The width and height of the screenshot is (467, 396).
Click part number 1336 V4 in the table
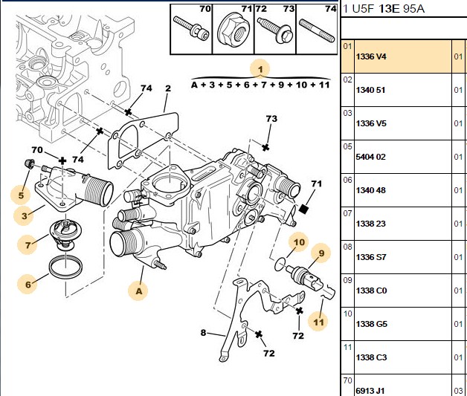tap(371, 56)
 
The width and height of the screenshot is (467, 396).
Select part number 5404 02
tap(370, 157)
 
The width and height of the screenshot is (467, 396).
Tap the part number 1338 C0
tap(371, 290)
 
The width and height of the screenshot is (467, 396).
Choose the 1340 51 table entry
tap(370, 90)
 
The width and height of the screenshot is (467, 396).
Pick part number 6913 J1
tap(370, 391)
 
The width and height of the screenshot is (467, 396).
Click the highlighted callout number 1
tap(260, 70)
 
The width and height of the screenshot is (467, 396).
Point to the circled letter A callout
tap(139, 290)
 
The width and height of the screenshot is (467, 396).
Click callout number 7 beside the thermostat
tap(28, 245)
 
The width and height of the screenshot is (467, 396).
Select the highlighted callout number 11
tap(318, 322)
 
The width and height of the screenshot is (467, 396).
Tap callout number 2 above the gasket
tap(168, 88)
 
